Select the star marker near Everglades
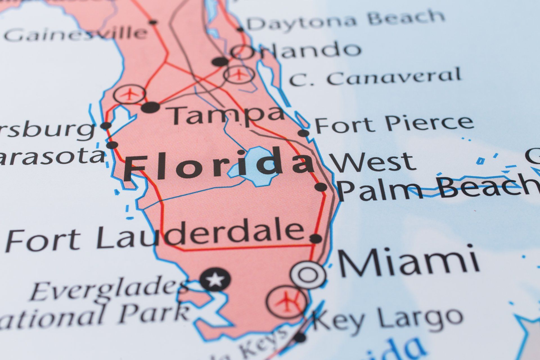point(215,280)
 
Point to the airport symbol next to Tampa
point(129,94)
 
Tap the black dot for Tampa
point(150,107)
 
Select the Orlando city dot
point(220,62)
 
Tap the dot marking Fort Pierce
point(303,133)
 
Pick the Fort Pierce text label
point(394,124)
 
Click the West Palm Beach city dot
point(321,187)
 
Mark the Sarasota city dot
point(112,145)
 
